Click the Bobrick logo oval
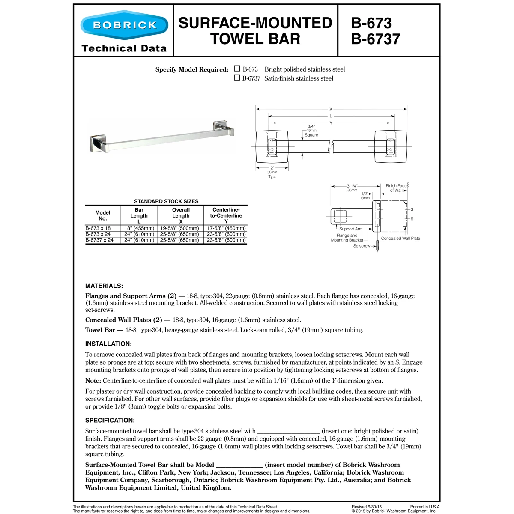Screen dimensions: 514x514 point(124,25)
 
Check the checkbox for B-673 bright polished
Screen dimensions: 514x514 point(237,69)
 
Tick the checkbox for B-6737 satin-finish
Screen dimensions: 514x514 point(237,78)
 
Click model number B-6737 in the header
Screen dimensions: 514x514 point(375,39)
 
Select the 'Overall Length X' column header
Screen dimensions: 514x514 point(181,215)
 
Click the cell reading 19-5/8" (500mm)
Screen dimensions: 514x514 point(179,228)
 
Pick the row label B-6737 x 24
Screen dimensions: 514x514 point(99,240)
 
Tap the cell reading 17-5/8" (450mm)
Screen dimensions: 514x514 point(226,228)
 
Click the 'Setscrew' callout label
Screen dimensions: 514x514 point(362,246)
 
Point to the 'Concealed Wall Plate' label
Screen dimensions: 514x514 point(400,239)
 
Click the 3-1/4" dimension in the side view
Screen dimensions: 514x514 point(352,186)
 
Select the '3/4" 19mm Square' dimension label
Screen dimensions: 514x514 point(311,131)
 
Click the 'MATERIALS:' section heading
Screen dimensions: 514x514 point(104,286)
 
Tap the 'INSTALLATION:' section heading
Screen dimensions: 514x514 point(108,344)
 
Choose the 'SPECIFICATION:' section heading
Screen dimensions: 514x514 point(110,420)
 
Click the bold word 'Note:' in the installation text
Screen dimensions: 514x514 point(93,380)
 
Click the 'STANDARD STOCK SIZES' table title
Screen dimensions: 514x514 point(166,201)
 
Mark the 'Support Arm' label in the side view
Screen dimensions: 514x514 point(351,229)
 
